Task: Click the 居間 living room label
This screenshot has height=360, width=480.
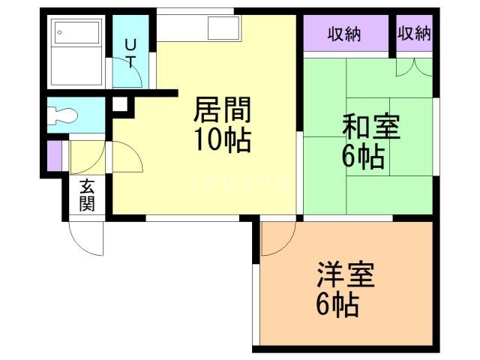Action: tap(222, 111)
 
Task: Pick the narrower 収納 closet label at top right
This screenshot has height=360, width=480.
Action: tap(415, 33)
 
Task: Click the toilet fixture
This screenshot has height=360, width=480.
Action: tap(63, 115)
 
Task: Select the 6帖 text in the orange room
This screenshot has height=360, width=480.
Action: tap(336, 305)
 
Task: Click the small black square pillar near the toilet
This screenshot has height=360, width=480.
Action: tap(119, 104)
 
